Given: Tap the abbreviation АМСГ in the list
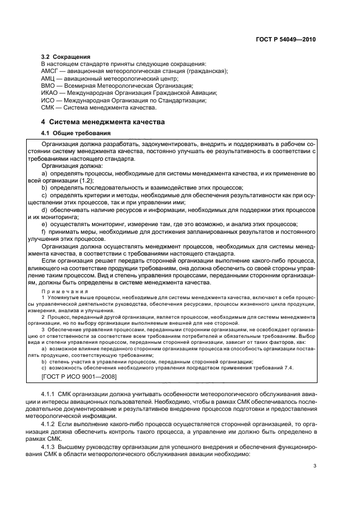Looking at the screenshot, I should (x=51, y=71).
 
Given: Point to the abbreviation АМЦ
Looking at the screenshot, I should (x=49, y=78).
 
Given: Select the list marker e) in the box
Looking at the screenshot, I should (x=44, y=224).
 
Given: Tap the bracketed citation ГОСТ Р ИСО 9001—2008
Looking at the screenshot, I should (x=78, y=376).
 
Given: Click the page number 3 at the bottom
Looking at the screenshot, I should (x=315, y=466).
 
